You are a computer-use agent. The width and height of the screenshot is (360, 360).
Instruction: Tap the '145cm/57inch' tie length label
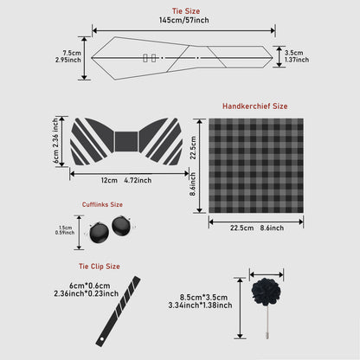[180, 19]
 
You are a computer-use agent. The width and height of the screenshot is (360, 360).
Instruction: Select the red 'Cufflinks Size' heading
[102, 205]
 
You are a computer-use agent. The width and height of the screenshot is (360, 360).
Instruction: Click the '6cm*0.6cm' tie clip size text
[89, 285]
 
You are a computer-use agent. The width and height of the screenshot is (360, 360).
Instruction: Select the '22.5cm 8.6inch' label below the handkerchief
[256, 226]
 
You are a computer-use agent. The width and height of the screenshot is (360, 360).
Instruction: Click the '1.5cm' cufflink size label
[65, 227]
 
